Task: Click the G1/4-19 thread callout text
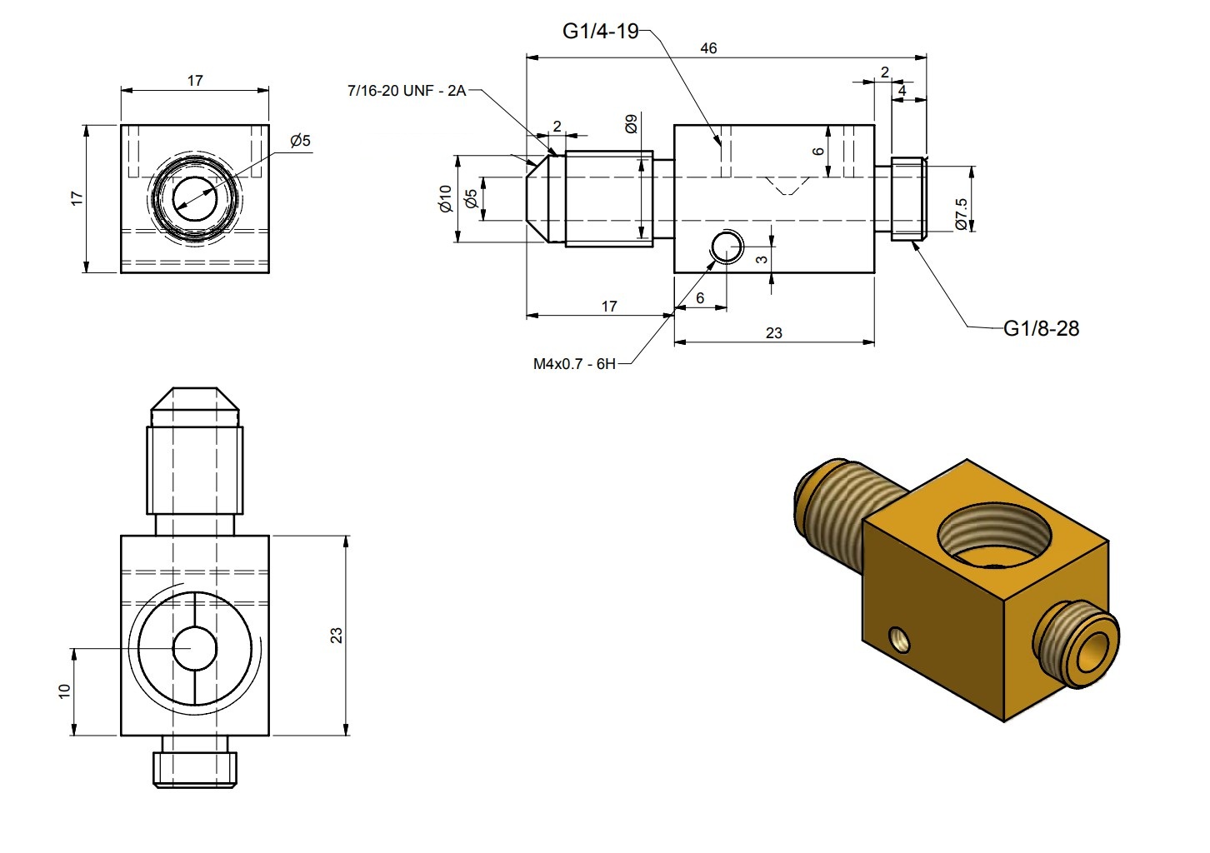[600, 32]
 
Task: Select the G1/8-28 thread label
[1041, 329]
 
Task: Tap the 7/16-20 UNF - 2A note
[406, 91]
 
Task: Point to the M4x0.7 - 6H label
[574, 364]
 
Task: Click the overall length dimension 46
[708, 48]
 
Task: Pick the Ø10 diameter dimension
[445, 198]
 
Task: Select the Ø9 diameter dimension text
[631, 124]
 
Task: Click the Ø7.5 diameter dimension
[961, 214]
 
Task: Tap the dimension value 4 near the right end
[902, 90]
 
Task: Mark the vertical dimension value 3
[762, 260]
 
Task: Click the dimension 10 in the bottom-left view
[65, 691]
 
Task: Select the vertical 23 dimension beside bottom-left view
[336, 636]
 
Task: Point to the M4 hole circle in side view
[727, 247]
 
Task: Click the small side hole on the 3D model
[899, 640]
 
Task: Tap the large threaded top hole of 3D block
[989, 537]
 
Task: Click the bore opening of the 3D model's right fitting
[1093, 652]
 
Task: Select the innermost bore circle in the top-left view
[195, 198]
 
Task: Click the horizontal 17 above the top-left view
[195, 81]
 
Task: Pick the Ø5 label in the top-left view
[300, 141]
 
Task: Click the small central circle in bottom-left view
[194, 648]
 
